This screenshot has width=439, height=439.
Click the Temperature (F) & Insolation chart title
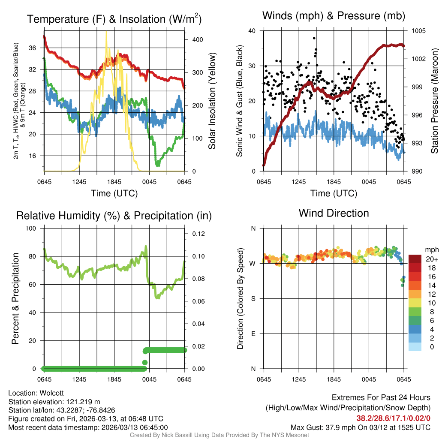pos(114,19)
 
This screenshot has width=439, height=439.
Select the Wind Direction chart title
pos(334,213)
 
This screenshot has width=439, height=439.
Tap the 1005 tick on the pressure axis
pos(418,31)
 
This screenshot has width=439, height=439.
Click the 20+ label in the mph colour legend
pos(431,259)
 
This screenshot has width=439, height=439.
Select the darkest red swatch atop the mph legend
pos(415,259)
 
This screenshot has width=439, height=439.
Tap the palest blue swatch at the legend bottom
pos(415,347)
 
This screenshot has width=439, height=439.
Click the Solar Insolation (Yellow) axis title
pos(212,101)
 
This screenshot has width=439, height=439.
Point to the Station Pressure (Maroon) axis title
pos(434,101)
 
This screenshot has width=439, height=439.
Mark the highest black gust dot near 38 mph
pos(314,38)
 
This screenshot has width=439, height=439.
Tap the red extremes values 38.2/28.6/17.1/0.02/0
pos(393,418)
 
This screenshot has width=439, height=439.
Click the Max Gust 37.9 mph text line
pos(361,427)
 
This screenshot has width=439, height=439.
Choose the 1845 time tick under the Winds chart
pos(334,181)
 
